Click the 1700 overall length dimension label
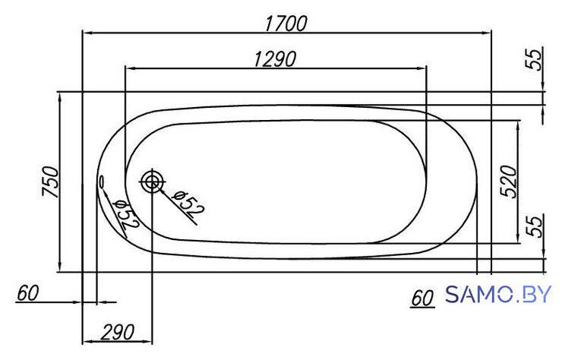click(286, 24)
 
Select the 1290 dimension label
click(275, 58)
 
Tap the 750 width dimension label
click(50, 182)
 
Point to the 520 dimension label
click(509, 182)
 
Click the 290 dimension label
click(117, 333)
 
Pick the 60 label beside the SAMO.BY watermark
click(422, 298)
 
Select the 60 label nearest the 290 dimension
click(27, 293)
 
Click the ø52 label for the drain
click(187, 204)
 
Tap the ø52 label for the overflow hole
click(125, 214)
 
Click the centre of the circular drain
click(152, 182)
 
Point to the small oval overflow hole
click(102, 181)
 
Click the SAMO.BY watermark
click(498, 295)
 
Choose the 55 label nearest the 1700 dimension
click(533, 59)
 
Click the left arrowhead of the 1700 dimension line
click(88, 33)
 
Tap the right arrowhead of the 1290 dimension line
click(421, 68)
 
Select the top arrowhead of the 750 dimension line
click(60, 97)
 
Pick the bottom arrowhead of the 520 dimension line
click(517, 238)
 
